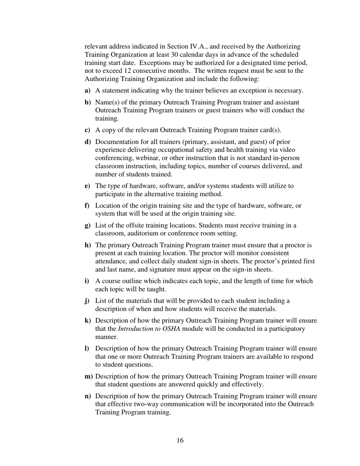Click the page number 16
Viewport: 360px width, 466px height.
180,440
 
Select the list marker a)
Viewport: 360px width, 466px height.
87,91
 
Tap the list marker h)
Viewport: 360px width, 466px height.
88,245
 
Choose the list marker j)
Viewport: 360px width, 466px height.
87,301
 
